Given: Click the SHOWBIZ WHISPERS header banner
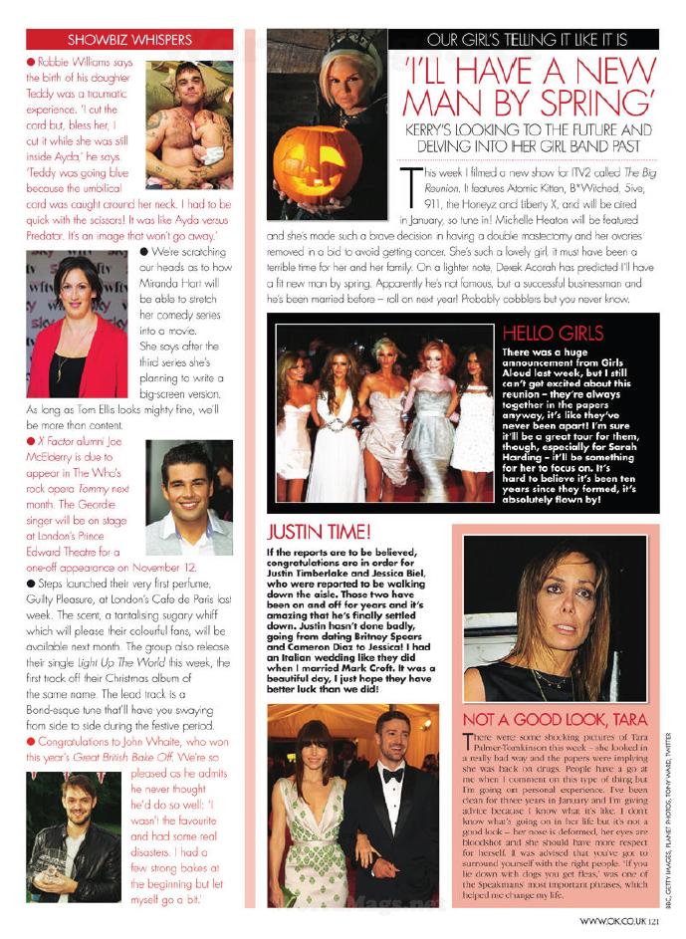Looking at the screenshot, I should [x=128, y=40].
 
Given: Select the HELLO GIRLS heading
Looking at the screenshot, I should [x=552, y=332].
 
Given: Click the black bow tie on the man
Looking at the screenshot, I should [x=391, y=773].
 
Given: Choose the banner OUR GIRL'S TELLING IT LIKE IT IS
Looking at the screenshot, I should [x=526, y=41].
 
